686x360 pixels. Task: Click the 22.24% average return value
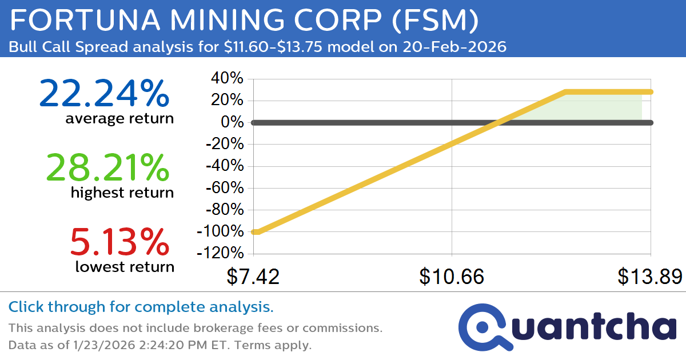(104, 94)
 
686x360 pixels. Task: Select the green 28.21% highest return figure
(107, 168)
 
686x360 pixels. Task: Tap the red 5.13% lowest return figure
(119, 242)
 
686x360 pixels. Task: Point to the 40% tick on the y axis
(228, 79)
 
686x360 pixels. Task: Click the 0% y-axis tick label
(233, 122)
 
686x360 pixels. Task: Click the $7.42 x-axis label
(253, 277)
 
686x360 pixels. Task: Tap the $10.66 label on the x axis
(452, 277)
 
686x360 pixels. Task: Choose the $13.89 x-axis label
(649, 277)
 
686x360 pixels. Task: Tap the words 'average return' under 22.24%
(119, 119)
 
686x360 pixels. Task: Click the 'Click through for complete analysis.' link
(141, 307)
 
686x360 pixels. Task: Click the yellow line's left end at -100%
(255, 232)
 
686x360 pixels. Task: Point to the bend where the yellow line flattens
(565, 91)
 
